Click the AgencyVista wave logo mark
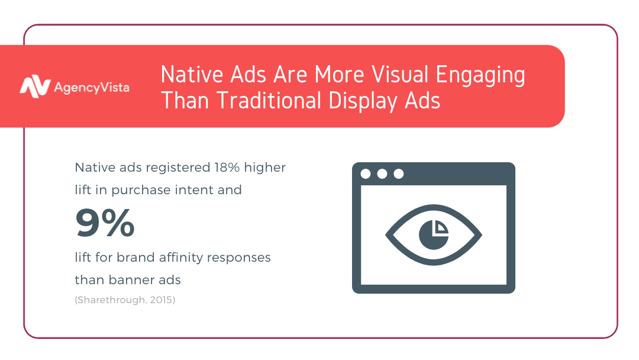pyautogui.click(x=35, y=86)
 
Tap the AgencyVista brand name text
pyautogui.click(x=92, y=88)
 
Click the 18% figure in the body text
pyautogui.click(x=227, y=167)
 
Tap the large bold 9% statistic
pyautogui.click(x=105, y=223)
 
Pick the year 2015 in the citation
pyautogui.click(x=161, y=300)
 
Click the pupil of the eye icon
pyautogui.click(x=434, y=235)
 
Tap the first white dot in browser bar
pyautogui.click(x=366, y=174)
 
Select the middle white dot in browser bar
pyautogui.click(x=382, y=174)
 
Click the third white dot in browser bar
pyautogui.click(x=399, y=174)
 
